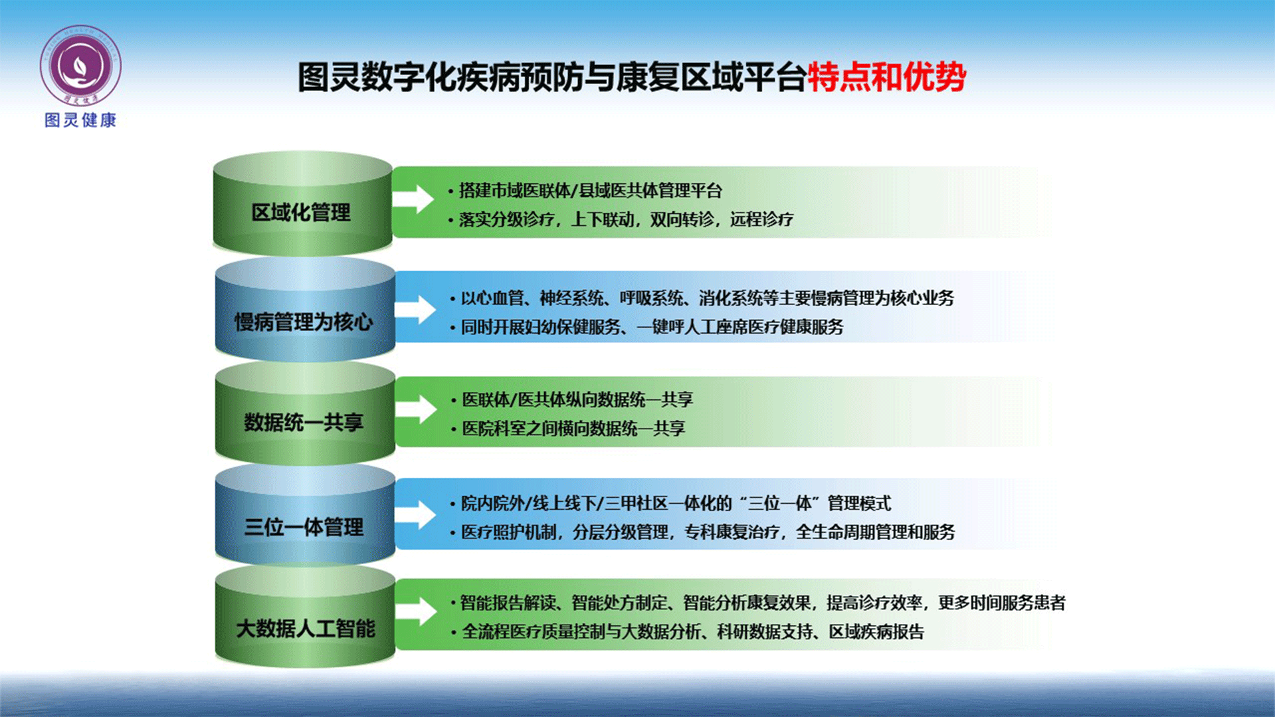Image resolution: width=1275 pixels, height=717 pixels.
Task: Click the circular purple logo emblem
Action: point(80,66)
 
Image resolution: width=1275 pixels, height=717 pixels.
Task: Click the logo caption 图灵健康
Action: point(80,120)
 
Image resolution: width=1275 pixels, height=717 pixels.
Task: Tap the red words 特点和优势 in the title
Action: point(886,76)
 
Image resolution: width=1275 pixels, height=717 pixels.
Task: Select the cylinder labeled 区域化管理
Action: point(302,203)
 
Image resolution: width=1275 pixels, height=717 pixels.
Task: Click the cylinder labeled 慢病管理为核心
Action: point(305,310)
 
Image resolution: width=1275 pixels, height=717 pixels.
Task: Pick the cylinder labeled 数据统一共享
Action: point(305,413)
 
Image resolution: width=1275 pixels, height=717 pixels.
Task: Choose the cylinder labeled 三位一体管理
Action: point(305,515)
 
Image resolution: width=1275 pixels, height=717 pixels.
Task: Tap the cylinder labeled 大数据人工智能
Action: point(305,617)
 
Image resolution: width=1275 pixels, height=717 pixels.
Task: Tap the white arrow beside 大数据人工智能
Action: point(417,611)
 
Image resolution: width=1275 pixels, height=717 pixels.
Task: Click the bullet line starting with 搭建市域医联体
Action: point(585,191)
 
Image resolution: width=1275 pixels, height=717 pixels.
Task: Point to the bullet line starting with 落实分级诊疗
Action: point(621,220)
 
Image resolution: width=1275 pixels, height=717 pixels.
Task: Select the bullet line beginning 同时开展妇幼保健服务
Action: point(647,327)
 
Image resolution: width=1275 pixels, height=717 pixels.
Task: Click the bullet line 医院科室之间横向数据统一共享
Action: point(569,429)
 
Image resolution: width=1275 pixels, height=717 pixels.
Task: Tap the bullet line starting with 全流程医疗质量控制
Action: point(688,632)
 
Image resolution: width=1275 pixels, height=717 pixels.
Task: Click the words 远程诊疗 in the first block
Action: point(761,220)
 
